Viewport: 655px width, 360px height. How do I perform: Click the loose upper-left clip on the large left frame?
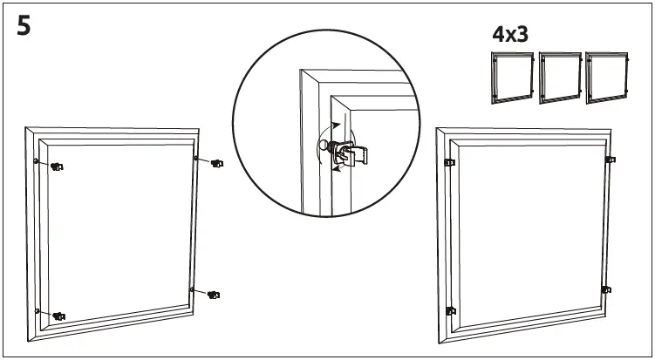[x=58, y=166]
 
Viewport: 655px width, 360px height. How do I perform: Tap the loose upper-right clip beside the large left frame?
[x=216, y=163]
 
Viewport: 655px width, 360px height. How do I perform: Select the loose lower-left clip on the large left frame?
[x=58, y=315]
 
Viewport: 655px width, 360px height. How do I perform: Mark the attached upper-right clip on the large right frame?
[x=610, y=159]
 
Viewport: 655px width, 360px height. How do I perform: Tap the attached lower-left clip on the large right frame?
[x=450, y=309]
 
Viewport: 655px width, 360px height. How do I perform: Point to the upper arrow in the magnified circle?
[x=337, y=126]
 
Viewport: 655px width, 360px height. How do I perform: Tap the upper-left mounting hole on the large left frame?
[x=35, y=161]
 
